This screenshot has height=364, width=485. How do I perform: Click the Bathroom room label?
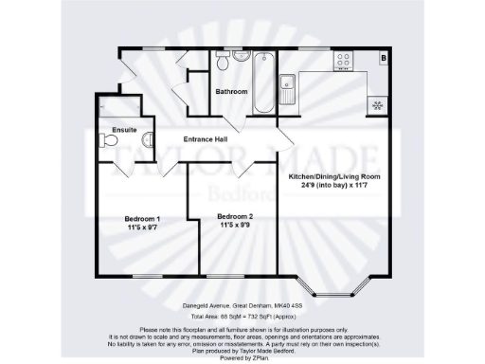pos(231,92)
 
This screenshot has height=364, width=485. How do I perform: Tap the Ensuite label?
pos(124,129)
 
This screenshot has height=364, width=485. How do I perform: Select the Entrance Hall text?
pos(210,140)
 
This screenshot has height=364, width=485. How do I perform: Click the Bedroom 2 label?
pos(235,217)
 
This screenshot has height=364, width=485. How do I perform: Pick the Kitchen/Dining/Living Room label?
pos(333,176)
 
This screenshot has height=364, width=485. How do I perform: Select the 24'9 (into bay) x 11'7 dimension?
pos(333,186)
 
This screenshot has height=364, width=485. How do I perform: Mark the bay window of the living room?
pos(332,284)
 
